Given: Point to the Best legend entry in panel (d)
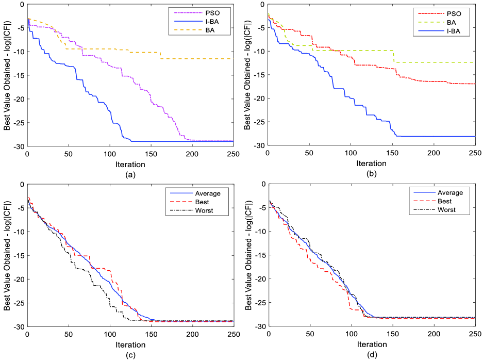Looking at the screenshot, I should pos(445,201).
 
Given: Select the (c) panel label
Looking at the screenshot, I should pos(130,354).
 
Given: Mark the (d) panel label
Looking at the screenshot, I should pos(371,354).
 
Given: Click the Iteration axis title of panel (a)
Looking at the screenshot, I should pos(130,165).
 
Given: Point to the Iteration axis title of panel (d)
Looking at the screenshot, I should pos(371,344).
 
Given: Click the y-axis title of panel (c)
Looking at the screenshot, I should pos(8,255).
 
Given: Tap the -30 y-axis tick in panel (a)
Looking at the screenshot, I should pos(18,146).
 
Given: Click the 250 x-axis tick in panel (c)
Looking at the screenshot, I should pos(233,334).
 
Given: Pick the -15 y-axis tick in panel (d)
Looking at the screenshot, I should pos(259,255).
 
